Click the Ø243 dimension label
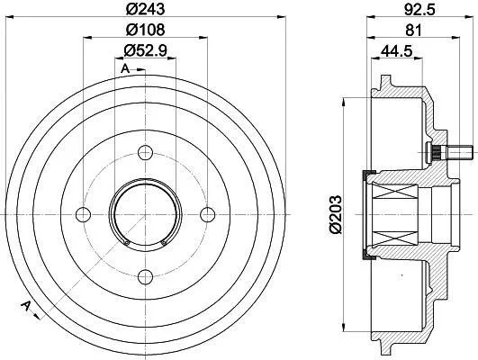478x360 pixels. coord(146,9)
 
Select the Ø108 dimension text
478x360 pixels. coord(146,30)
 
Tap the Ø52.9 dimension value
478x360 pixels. coord(146,50)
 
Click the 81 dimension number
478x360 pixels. coord(414,31)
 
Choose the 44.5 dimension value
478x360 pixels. coord(397,50)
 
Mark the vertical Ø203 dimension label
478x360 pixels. coord(336,214)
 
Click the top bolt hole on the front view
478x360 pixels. coord(145,153)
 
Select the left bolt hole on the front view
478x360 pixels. coord(83,214)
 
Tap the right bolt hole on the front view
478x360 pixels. coord(207,214)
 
